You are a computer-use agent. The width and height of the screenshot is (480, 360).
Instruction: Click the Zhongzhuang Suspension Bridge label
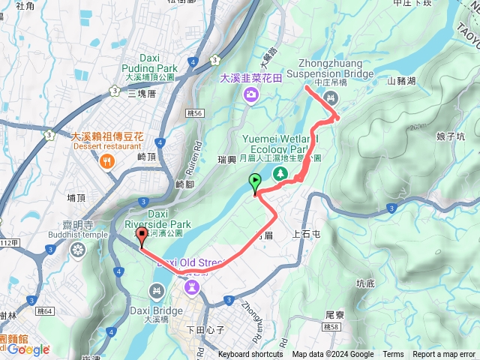tap(335, 69)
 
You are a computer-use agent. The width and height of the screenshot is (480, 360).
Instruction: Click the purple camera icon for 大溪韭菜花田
tap(250, 94)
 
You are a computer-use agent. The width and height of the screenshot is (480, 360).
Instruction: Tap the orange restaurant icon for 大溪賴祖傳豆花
tap(109, 161)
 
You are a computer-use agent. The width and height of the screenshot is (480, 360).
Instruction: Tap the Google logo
tap(28, 349)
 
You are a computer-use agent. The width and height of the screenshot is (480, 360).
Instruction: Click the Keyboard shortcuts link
tap(250, 355)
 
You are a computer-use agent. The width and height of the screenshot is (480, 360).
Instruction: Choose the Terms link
tap(393, 355)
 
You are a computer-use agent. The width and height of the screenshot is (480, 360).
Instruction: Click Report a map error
tap(444, 355)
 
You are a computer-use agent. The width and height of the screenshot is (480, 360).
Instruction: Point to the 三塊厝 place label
tap(142, 94)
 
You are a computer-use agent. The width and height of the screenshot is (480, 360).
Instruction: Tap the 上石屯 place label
tap(307, 234)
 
